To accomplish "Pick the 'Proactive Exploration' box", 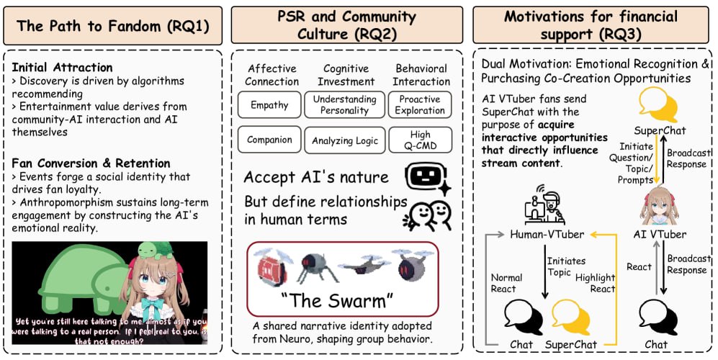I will point(420,104).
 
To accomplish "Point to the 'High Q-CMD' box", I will point(420,140).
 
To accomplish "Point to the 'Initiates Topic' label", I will point(567,267).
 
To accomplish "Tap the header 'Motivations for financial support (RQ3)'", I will point(590,26).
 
